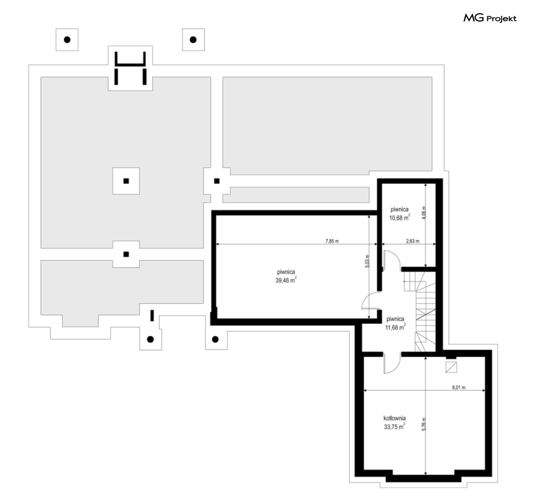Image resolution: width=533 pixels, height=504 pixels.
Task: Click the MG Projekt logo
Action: click(490, 18)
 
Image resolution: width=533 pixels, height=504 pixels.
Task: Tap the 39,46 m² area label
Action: click(286, 280)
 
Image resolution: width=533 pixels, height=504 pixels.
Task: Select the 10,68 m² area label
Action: click(399, 218)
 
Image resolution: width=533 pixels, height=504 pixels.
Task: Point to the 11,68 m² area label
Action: click(395, 327)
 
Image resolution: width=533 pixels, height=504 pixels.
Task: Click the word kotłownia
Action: click(394, 418)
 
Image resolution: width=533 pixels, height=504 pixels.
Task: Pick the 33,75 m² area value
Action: click(394, 426)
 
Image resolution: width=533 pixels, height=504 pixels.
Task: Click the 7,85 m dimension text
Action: click(332, 241)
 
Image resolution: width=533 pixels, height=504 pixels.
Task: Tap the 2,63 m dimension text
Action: click(413, 241)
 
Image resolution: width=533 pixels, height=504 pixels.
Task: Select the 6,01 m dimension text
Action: click(459, 387)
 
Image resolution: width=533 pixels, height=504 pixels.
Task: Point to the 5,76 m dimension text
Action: click(423, 424)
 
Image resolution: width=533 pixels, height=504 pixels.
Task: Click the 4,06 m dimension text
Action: click(423, 212)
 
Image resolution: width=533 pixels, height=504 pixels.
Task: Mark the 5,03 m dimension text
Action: click(367, 261)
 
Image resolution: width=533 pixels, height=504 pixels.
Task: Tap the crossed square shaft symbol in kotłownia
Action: click(451, 367)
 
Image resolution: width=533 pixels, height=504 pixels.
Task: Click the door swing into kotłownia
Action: click(392, 363)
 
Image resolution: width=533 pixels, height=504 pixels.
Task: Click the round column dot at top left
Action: click(68, 40)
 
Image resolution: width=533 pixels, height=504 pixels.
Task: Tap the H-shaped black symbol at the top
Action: click(130, 68)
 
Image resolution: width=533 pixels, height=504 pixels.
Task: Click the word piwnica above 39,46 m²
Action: click(286, 272)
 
